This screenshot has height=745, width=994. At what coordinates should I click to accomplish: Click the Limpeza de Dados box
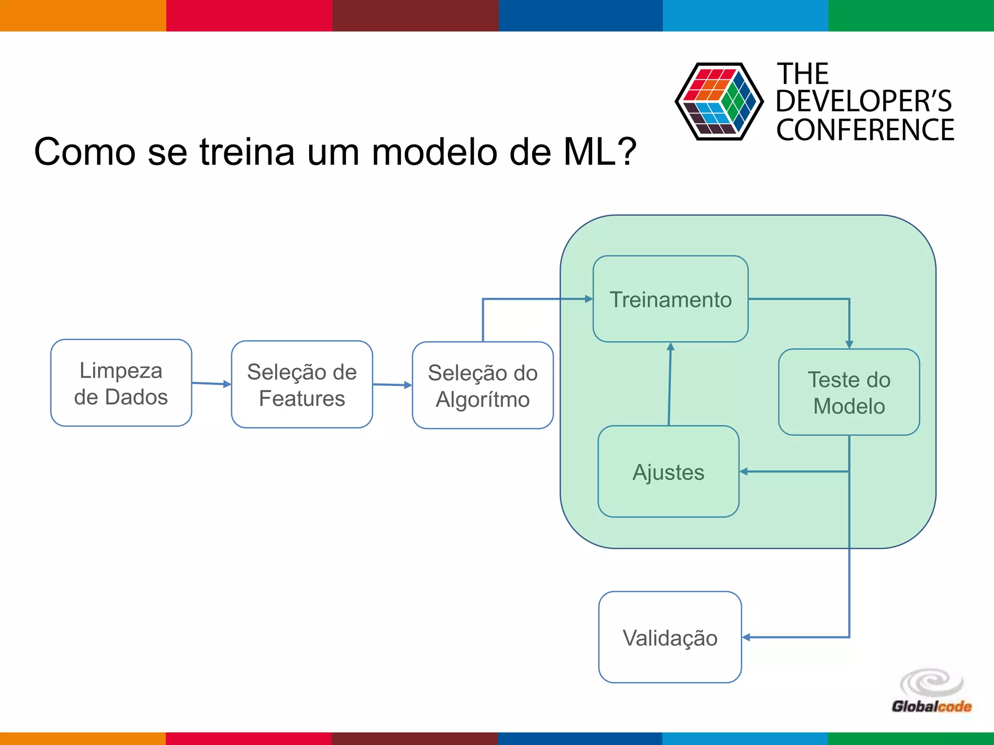121,383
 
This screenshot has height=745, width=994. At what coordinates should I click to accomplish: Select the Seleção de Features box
302,385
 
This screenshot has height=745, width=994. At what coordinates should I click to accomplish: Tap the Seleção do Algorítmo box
482,386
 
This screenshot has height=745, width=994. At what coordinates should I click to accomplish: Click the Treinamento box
670,299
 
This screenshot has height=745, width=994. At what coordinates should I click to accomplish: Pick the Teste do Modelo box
849,392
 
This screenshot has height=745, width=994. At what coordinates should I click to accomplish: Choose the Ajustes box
668,472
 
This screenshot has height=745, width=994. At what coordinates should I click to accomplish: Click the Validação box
670,637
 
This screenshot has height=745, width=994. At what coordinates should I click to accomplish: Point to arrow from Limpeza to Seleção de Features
211,384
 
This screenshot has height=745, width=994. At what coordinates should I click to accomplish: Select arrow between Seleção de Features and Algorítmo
392,385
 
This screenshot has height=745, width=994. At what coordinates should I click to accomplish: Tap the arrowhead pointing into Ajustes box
744,471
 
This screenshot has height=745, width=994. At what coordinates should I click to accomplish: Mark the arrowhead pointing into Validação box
746,637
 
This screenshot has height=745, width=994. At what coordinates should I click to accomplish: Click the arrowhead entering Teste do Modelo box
849,344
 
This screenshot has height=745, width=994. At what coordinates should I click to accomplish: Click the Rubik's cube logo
719,102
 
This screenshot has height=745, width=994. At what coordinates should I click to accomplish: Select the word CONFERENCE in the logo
865,130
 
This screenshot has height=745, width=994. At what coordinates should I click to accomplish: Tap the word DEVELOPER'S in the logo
863,101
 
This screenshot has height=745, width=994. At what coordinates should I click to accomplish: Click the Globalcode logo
931,692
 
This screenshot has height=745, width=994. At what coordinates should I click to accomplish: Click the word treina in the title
247,152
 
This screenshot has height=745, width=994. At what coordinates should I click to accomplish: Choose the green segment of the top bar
911,16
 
